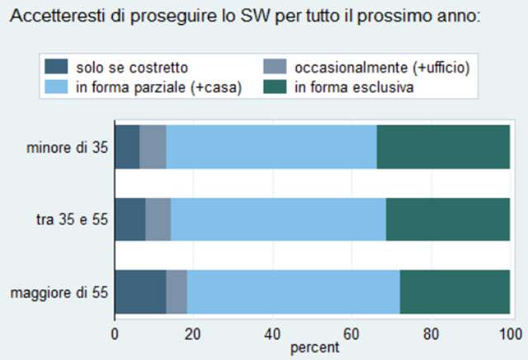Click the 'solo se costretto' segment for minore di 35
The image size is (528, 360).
(127, 148)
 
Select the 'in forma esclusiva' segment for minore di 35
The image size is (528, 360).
(443, 148)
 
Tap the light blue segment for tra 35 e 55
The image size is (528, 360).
(278, 220)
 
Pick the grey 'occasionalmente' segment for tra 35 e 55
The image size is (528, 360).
(158, 220)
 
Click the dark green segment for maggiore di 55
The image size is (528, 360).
(455, 292)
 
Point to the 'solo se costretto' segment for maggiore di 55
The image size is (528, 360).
(140, 292)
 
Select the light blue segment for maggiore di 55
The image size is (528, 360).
(293, 292)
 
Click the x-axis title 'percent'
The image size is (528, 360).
(314, 348)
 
